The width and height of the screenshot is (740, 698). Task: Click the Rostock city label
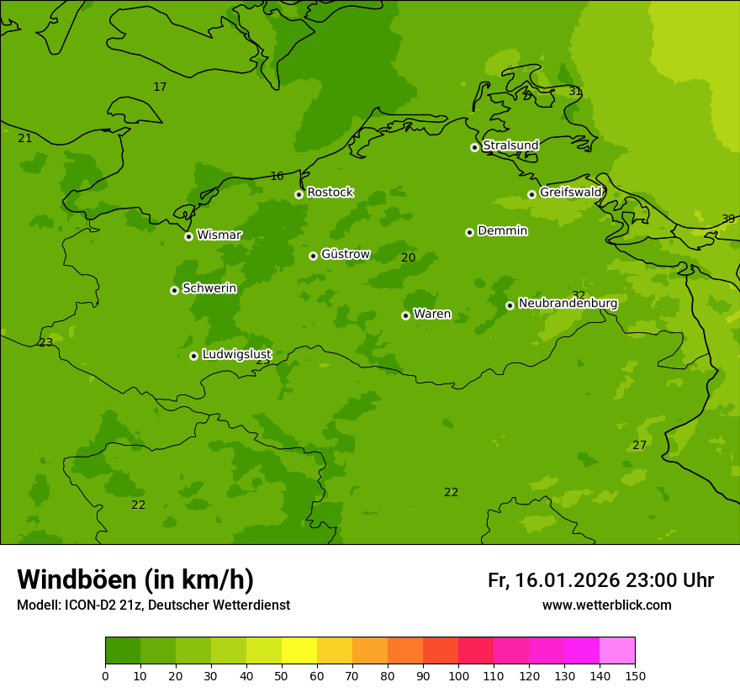tap(330, 193)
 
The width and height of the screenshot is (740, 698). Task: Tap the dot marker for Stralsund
tap(474, 147)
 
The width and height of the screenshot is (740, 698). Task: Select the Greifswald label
tap(570, 193)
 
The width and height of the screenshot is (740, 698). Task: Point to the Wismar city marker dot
tap(188, 236)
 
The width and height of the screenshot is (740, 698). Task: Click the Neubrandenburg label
tap(568, 304)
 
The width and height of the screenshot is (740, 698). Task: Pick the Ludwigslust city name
tap(236, 355)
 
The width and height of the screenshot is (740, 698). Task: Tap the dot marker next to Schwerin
tap(174, 290)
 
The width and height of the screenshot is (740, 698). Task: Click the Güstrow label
tap(345, 254)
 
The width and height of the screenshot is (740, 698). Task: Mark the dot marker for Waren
tap(405, 315)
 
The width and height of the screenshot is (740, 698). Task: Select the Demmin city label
tap(502, 230)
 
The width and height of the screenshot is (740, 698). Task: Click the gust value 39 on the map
tap(728, 219)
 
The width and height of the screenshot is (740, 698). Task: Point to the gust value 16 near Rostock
tap(277, 177)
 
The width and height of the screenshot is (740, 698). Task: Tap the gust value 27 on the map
tap(639, 446)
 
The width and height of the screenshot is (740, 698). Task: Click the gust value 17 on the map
tap(160, 87)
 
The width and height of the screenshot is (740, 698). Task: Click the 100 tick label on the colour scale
tap(458, 676)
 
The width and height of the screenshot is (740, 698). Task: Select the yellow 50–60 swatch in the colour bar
tap(299, 651)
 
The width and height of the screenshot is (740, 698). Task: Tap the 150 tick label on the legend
tap(635, 676)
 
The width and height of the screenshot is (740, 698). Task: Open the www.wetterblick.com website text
tap(606, 605)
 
